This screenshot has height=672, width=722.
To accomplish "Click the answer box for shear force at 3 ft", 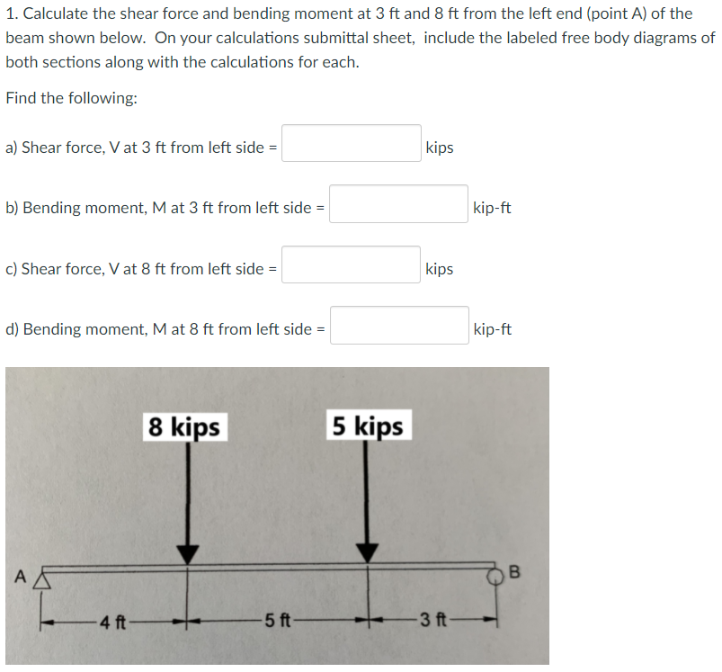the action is click(352, 143).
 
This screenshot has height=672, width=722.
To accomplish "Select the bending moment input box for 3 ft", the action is click(398, 203).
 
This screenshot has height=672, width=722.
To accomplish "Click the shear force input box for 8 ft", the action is click(352, 264).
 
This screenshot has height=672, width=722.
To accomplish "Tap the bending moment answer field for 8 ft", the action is click(400, 325).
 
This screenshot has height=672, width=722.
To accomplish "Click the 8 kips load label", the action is click(184, 426).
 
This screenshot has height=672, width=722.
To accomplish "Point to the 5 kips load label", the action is click(369, 426).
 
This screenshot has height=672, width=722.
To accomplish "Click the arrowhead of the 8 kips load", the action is click(187, 554).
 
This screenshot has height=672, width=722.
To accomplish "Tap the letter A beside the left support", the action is click(21, 577).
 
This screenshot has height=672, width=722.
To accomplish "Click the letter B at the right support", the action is click(515, 571).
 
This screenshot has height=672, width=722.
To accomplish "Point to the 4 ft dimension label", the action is click(113, 623).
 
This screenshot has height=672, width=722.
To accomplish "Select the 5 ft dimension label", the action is click(278, 621).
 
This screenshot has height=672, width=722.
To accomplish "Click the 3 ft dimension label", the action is click(433, 620).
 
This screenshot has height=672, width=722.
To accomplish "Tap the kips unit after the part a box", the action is click(440, 148).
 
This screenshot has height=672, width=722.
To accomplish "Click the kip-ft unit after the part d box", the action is click(493, 329).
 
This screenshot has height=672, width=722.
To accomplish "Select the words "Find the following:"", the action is click(71, 98).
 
